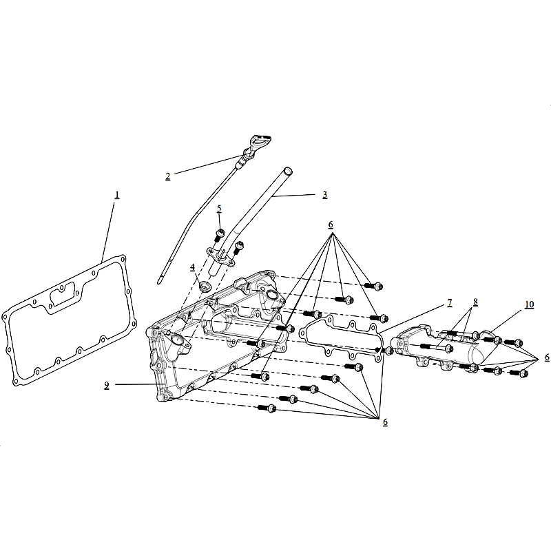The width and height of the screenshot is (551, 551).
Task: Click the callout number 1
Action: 117,195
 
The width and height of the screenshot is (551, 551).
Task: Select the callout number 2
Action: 168,176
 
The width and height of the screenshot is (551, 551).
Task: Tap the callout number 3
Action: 324,195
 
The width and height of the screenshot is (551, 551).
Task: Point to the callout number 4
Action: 193,267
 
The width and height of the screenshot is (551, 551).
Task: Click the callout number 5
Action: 219,209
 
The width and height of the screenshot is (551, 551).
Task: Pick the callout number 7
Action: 450,303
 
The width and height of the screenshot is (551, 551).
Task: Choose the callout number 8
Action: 475,302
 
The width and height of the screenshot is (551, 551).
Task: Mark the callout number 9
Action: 107,386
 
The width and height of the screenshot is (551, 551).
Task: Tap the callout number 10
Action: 529,304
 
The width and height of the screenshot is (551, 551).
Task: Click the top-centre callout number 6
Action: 331,225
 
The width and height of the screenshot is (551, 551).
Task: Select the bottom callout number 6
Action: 385,422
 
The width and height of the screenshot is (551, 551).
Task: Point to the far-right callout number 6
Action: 547,357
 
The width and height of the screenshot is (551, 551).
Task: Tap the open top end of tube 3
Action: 288,171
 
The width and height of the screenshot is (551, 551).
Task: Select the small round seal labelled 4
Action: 205,286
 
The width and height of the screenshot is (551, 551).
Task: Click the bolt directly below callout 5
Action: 219,235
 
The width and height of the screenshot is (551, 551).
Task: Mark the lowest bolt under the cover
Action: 267,408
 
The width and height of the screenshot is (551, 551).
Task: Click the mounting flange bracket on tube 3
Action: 220,256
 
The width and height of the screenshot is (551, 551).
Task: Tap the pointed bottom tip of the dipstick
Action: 159,282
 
